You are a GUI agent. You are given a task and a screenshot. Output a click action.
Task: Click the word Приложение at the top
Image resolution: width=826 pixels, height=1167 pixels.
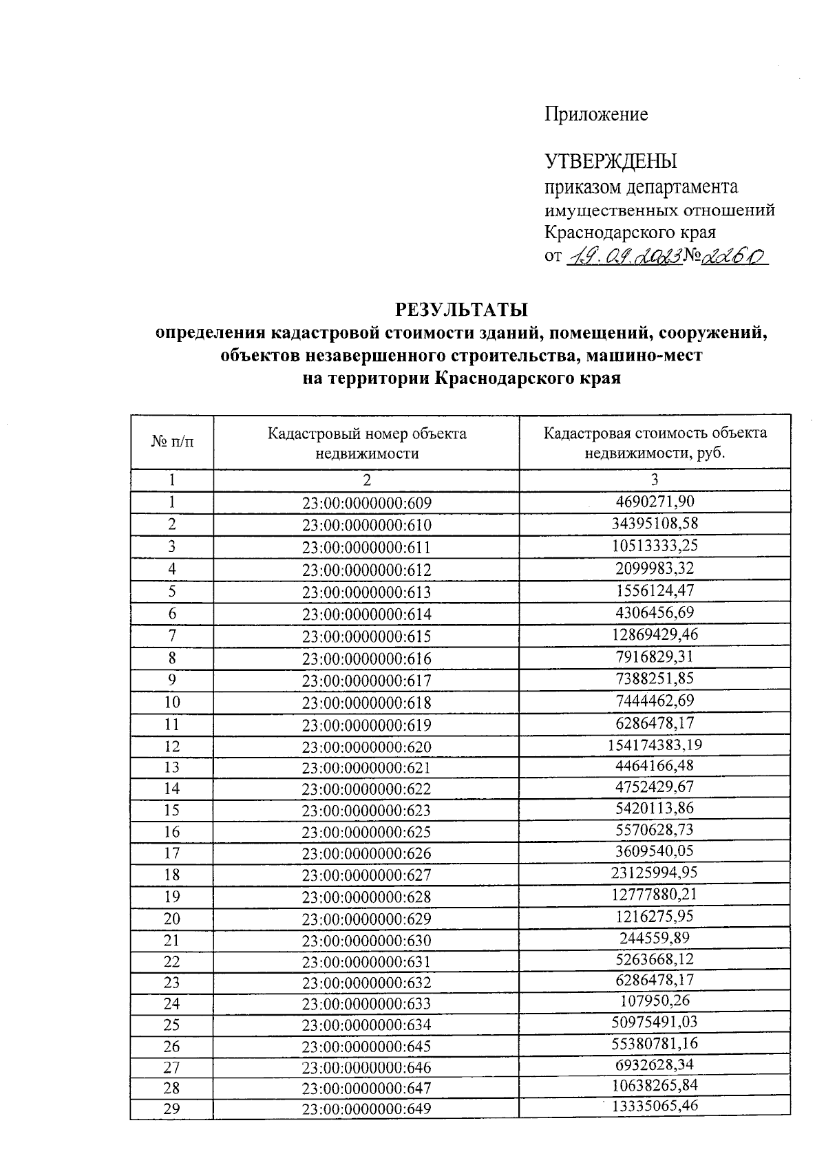coord(596,114)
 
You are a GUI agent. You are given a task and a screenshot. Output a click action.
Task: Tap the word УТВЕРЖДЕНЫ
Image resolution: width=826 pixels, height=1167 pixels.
coord(611,162)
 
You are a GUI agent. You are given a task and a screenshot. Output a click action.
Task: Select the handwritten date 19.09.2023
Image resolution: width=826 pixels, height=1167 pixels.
coord(624,257)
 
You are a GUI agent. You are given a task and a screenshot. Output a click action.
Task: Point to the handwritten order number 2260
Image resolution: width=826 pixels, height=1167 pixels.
coord(734,257)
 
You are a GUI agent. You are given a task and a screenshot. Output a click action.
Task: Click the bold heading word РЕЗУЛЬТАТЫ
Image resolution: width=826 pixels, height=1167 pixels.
coord(460,308)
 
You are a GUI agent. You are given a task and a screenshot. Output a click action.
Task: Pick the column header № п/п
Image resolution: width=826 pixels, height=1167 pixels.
coord(172,442)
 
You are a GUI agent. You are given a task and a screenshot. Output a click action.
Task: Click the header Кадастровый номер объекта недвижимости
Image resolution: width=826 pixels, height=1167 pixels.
coord(367,443)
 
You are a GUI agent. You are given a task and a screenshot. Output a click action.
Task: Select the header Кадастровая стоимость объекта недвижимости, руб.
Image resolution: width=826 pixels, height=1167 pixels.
coord(655,442)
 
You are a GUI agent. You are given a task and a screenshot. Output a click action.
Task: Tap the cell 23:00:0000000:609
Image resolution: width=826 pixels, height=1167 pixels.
coord(367,503)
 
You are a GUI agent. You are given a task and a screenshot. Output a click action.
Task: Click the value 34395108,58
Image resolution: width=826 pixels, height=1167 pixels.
coord(655,524)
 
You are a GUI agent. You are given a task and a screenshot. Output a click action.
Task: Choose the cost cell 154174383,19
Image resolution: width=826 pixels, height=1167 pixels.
coord(655,745)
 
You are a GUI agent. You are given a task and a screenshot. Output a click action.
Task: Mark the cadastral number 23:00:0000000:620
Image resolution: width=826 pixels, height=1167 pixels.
coord(367,747)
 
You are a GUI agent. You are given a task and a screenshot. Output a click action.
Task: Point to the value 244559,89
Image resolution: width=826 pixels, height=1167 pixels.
coord(655,938)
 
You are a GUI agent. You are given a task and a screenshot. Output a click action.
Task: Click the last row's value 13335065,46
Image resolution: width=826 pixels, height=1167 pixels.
coord(655,1106)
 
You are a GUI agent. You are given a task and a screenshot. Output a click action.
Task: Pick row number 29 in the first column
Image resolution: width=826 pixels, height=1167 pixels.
coord(172,1108)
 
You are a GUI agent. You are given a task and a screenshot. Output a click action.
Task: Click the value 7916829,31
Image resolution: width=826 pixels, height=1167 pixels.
coord(655,656)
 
